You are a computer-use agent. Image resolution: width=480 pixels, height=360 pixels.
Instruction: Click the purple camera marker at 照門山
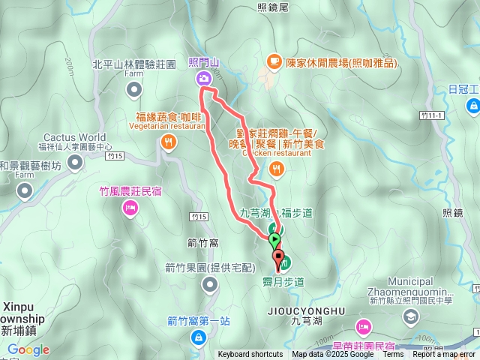(203, 79)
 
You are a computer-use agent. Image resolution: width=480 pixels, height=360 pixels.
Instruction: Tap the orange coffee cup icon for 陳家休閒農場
(275, 60)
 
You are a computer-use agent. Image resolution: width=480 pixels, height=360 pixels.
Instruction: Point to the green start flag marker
(274, 240)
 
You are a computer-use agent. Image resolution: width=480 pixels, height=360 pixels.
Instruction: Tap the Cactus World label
(74, 137)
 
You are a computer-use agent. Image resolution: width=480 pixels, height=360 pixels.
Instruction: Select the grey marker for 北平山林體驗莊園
(134, 90)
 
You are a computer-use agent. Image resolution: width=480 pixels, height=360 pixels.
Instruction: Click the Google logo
(28, 349)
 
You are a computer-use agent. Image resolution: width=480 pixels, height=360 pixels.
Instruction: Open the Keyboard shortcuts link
(250, 355)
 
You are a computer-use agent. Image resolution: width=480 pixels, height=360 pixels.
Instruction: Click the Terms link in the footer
(392, 355)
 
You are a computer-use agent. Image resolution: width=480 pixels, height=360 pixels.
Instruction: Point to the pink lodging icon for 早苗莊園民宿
(364, 326)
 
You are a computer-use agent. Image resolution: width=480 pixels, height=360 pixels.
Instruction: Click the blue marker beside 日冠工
(472, 107)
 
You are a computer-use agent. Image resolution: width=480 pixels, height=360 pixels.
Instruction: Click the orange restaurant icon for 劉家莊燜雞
(277, 169)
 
